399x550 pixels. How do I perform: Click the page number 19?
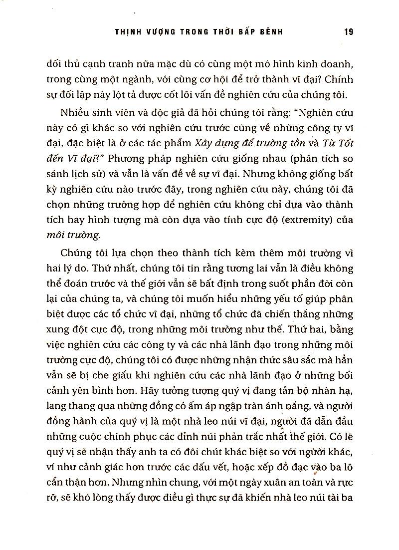click(x=349, y=31)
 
